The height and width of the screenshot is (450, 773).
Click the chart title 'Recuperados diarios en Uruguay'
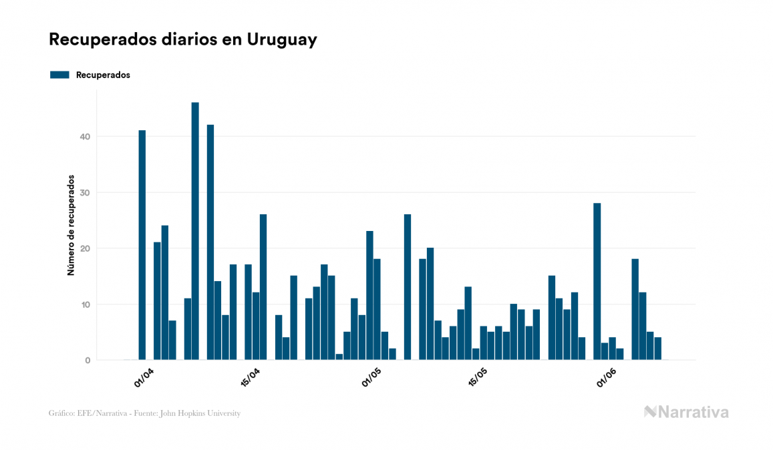[x=182, y=39]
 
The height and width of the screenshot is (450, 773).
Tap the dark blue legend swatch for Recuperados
[x=59, y=75]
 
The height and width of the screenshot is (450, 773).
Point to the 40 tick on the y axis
[x=85, y=137]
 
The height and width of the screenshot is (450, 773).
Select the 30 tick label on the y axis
[x=85, y=193]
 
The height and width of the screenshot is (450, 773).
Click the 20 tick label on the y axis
[x=85, y=248]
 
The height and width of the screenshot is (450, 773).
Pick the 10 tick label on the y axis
[x=85, y=304]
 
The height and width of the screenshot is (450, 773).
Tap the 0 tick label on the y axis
[x=88, y=361]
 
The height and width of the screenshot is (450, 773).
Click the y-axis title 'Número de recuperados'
[x=70, y=226]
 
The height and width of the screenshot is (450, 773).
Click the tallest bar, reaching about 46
[x=195, y=231]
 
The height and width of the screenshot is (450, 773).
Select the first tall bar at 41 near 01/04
[x=142, y=245]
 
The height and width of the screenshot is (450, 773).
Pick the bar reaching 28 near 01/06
[x=597, y=281]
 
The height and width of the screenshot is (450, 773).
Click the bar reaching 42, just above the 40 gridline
[x=210, y=242]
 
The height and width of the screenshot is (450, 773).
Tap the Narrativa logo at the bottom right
[x=686, y=412]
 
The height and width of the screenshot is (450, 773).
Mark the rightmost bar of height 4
[x=657, y=349]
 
